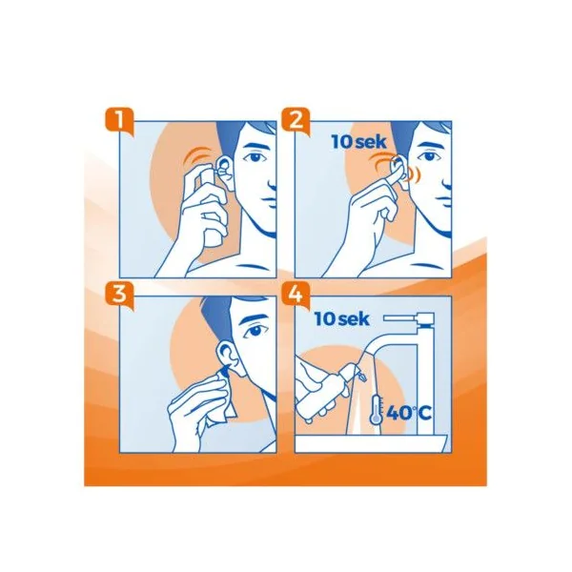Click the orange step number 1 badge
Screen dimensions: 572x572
pos(120,121)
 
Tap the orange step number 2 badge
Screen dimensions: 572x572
pos(296,121)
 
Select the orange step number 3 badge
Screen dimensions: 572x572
pos(120,296)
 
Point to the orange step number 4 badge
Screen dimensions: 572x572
pos(296,296)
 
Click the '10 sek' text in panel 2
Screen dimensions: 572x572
pos(358,142)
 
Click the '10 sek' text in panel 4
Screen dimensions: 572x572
pos(342,319)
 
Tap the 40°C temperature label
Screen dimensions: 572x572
pos(409,413)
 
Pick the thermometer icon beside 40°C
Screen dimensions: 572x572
pos(376,409)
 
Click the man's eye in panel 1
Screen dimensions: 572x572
pos(255,157)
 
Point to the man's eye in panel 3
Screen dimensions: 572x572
pos(255,331)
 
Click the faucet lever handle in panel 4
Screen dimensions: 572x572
pos(409,317)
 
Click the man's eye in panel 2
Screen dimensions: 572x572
pos(428,157)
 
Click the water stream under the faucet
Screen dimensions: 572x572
pos(365,398)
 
